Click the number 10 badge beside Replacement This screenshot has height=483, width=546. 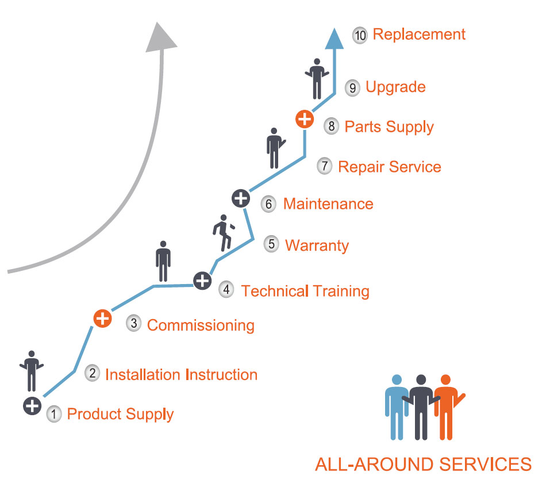point(360,35)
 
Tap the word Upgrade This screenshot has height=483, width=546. point(395,87)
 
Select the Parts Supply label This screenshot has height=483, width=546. point(389,127)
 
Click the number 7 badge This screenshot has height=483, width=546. point(324,166)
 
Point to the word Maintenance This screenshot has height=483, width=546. point(328,204)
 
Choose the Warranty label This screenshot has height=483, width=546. point(317,246)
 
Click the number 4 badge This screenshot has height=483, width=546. point(226,289)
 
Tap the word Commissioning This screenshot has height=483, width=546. point(201,325)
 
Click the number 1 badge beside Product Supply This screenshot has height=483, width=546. point(54,414)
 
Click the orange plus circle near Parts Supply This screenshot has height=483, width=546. point(305,119)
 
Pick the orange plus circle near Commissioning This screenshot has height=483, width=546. point(102,319)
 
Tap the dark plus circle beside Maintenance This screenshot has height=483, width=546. point(241,198)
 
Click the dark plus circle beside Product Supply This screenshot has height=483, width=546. point(32,406)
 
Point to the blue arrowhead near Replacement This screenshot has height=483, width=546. point(334,39)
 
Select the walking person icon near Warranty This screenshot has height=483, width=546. point(224,233)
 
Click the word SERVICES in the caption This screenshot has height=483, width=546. point(485,465)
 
